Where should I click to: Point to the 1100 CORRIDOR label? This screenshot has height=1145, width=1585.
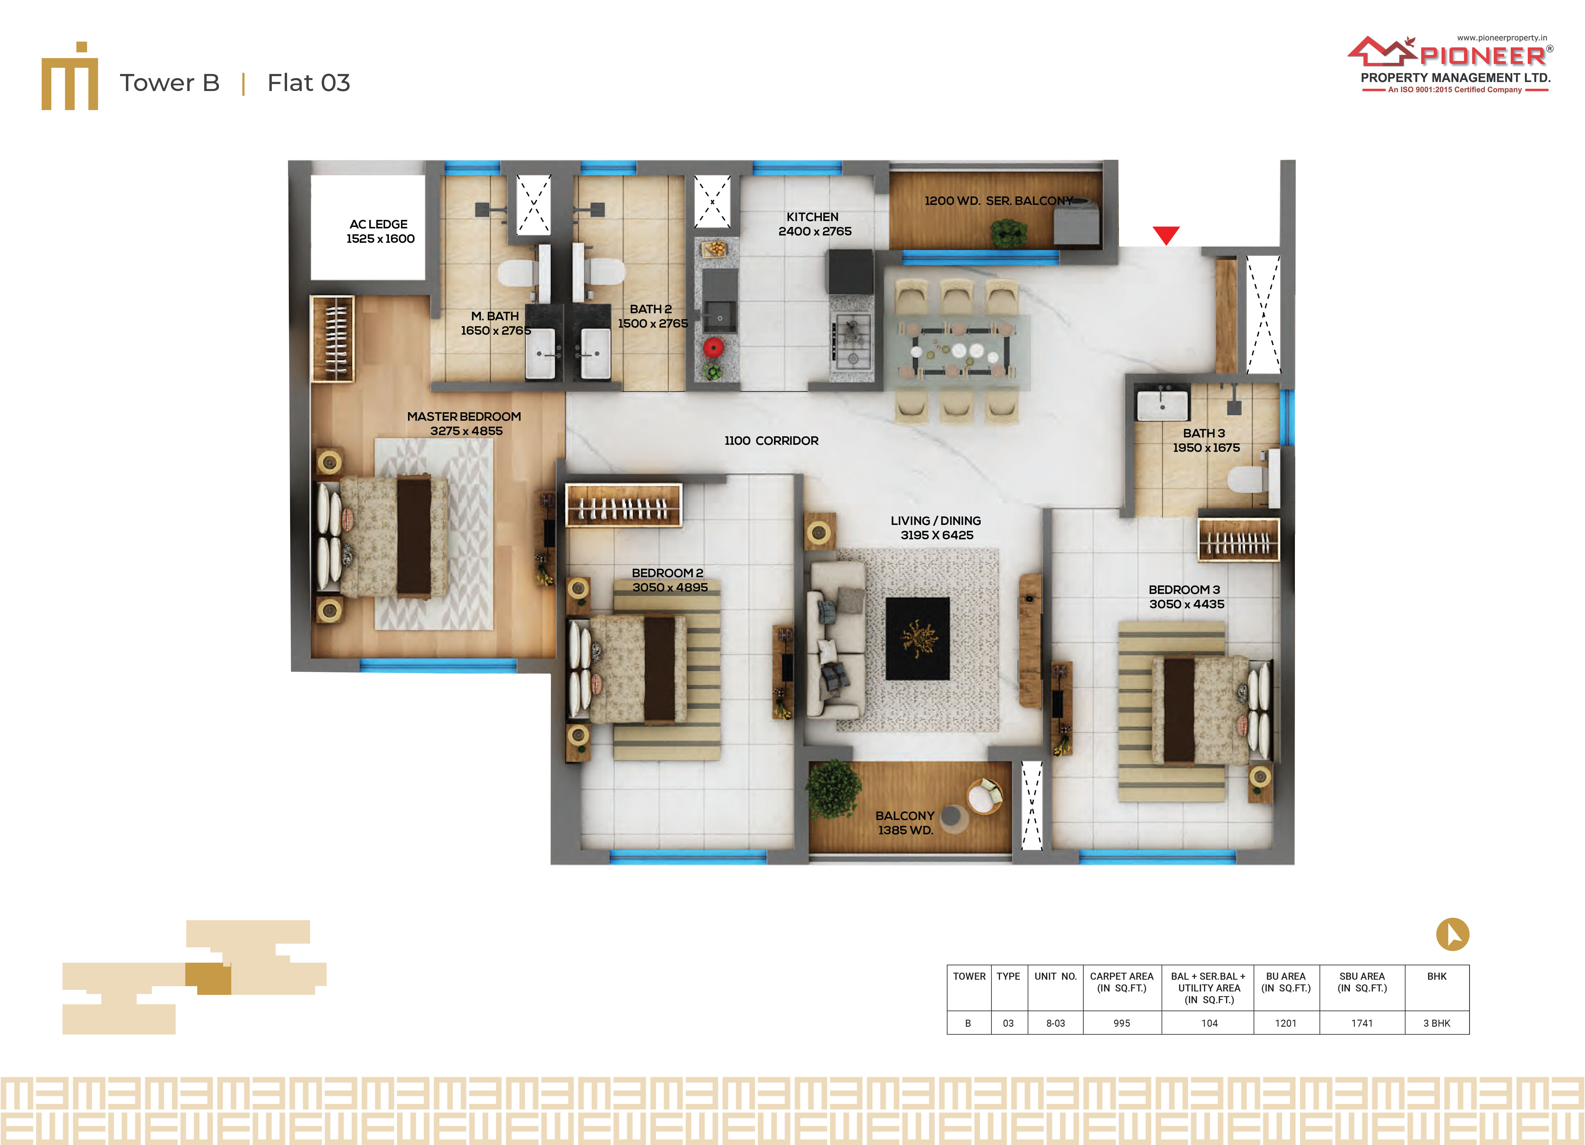pyautogui.click(x=772, y=440)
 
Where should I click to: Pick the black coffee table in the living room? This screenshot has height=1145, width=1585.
pyautogui.click(x=918, y=638)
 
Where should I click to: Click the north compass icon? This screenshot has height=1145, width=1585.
pyautogui.click(x=1452, y=934)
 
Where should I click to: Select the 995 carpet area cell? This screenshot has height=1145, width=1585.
pyautogui.click(x=1122, y=1023)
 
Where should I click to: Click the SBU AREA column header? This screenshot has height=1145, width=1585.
pyautogui.click(x=1361, y=982)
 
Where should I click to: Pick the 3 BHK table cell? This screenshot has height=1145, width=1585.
pyautogui.click(x=1437, y=1023)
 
